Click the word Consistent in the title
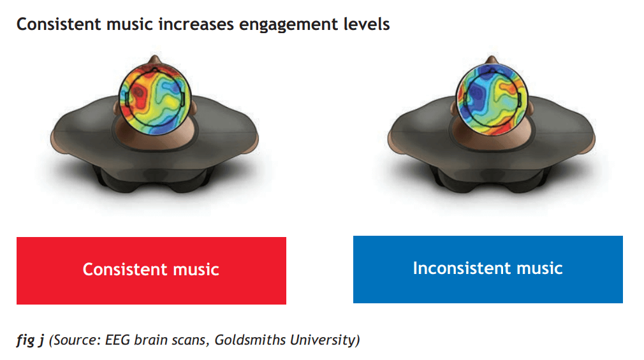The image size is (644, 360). click(x=59, y=24)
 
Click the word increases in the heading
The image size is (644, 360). click(x=196, y=24)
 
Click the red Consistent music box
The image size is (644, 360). click(x=151, y=271)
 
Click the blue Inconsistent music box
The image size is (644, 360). click(x=488, y=270)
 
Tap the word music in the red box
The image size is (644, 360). click(x=196, y=270)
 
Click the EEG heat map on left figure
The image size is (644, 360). click(x=155, y=99)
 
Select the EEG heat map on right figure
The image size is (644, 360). click(x=492, y=99)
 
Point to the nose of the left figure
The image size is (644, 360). click(x=155, y=59)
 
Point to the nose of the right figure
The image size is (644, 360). click(x=492, y=59)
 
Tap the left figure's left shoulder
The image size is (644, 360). click(x=78, y=123)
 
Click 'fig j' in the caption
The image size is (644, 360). click(x=30, y=340)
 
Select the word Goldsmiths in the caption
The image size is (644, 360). click(x=250, y=340)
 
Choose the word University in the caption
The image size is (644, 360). click(x=323, y=340)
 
